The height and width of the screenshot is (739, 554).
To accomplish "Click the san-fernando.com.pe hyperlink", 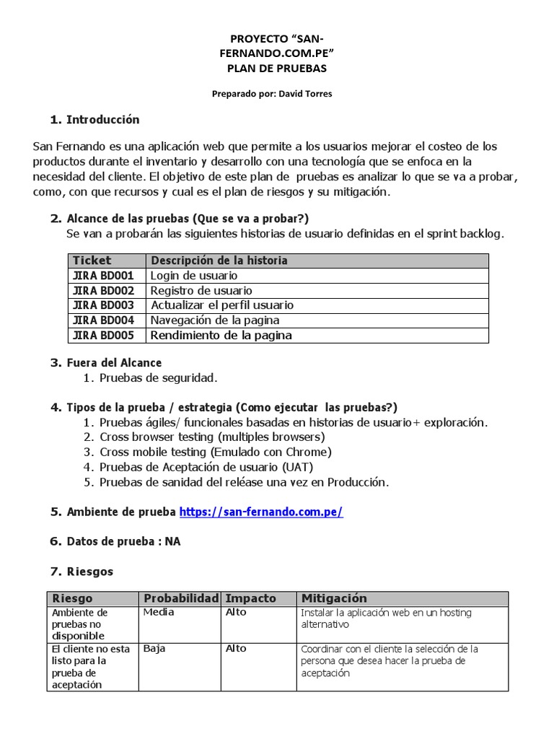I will click(261, 512).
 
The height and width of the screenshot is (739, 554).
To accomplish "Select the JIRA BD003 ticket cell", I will click(103, 305).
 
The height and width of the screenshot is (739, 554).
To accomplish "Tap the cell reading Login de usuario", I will click(193, 275).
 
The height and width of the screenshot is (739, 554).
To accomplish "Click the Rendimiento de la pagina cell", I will click(221, 335).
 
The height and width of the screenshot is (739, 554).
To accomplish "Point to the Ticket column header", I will click(92, 260).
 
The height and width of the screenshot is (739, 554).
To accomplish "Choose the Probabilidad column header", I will click(180, 598).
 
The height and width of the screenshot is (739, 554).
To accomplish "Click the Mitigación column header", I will click(334, 598).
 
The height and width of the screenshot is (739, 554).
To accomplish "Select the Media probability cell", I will click(159, 612).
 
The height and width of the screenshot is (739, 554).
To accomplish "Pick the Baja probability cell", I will click(154, 648).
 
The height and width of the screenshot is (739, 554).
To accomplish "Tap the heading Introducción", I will click(103, 119).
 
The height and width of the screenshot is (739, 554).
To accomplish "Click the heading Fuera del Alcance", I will click(114, 362).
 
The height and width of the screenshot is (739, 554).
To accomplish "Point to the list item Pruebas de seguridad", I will click(158, 377).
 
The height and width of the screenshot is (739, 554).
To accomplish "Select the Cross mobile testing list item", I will click(216, 452).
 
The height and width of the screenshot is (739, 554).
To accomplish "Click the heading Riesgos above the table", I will click(90, 571).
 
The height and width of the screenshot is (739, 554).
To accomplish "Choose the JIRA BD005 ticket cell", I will click(103, 335).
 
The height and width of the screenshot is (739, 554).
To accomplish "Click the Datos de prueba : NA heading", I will click(123, 541).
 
